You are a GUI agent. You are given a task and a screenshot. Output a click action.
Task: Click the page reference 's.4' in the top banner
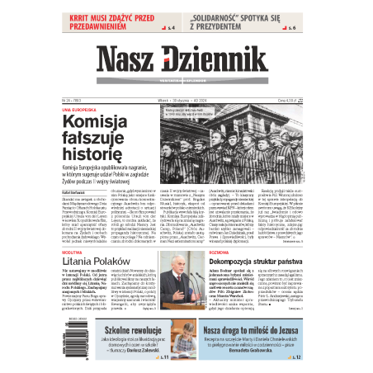tap(172, 28)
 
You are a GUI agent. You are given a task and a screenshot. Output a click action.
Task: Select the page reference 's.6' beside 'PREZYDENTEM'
tap(293, 28)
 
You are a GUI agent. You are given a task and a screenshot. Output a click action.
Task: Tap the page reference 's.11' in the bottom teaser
tap(165, 357)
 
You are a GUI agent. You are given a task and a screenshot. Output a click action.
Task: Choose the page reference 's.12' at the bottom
tap(295, 357)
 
